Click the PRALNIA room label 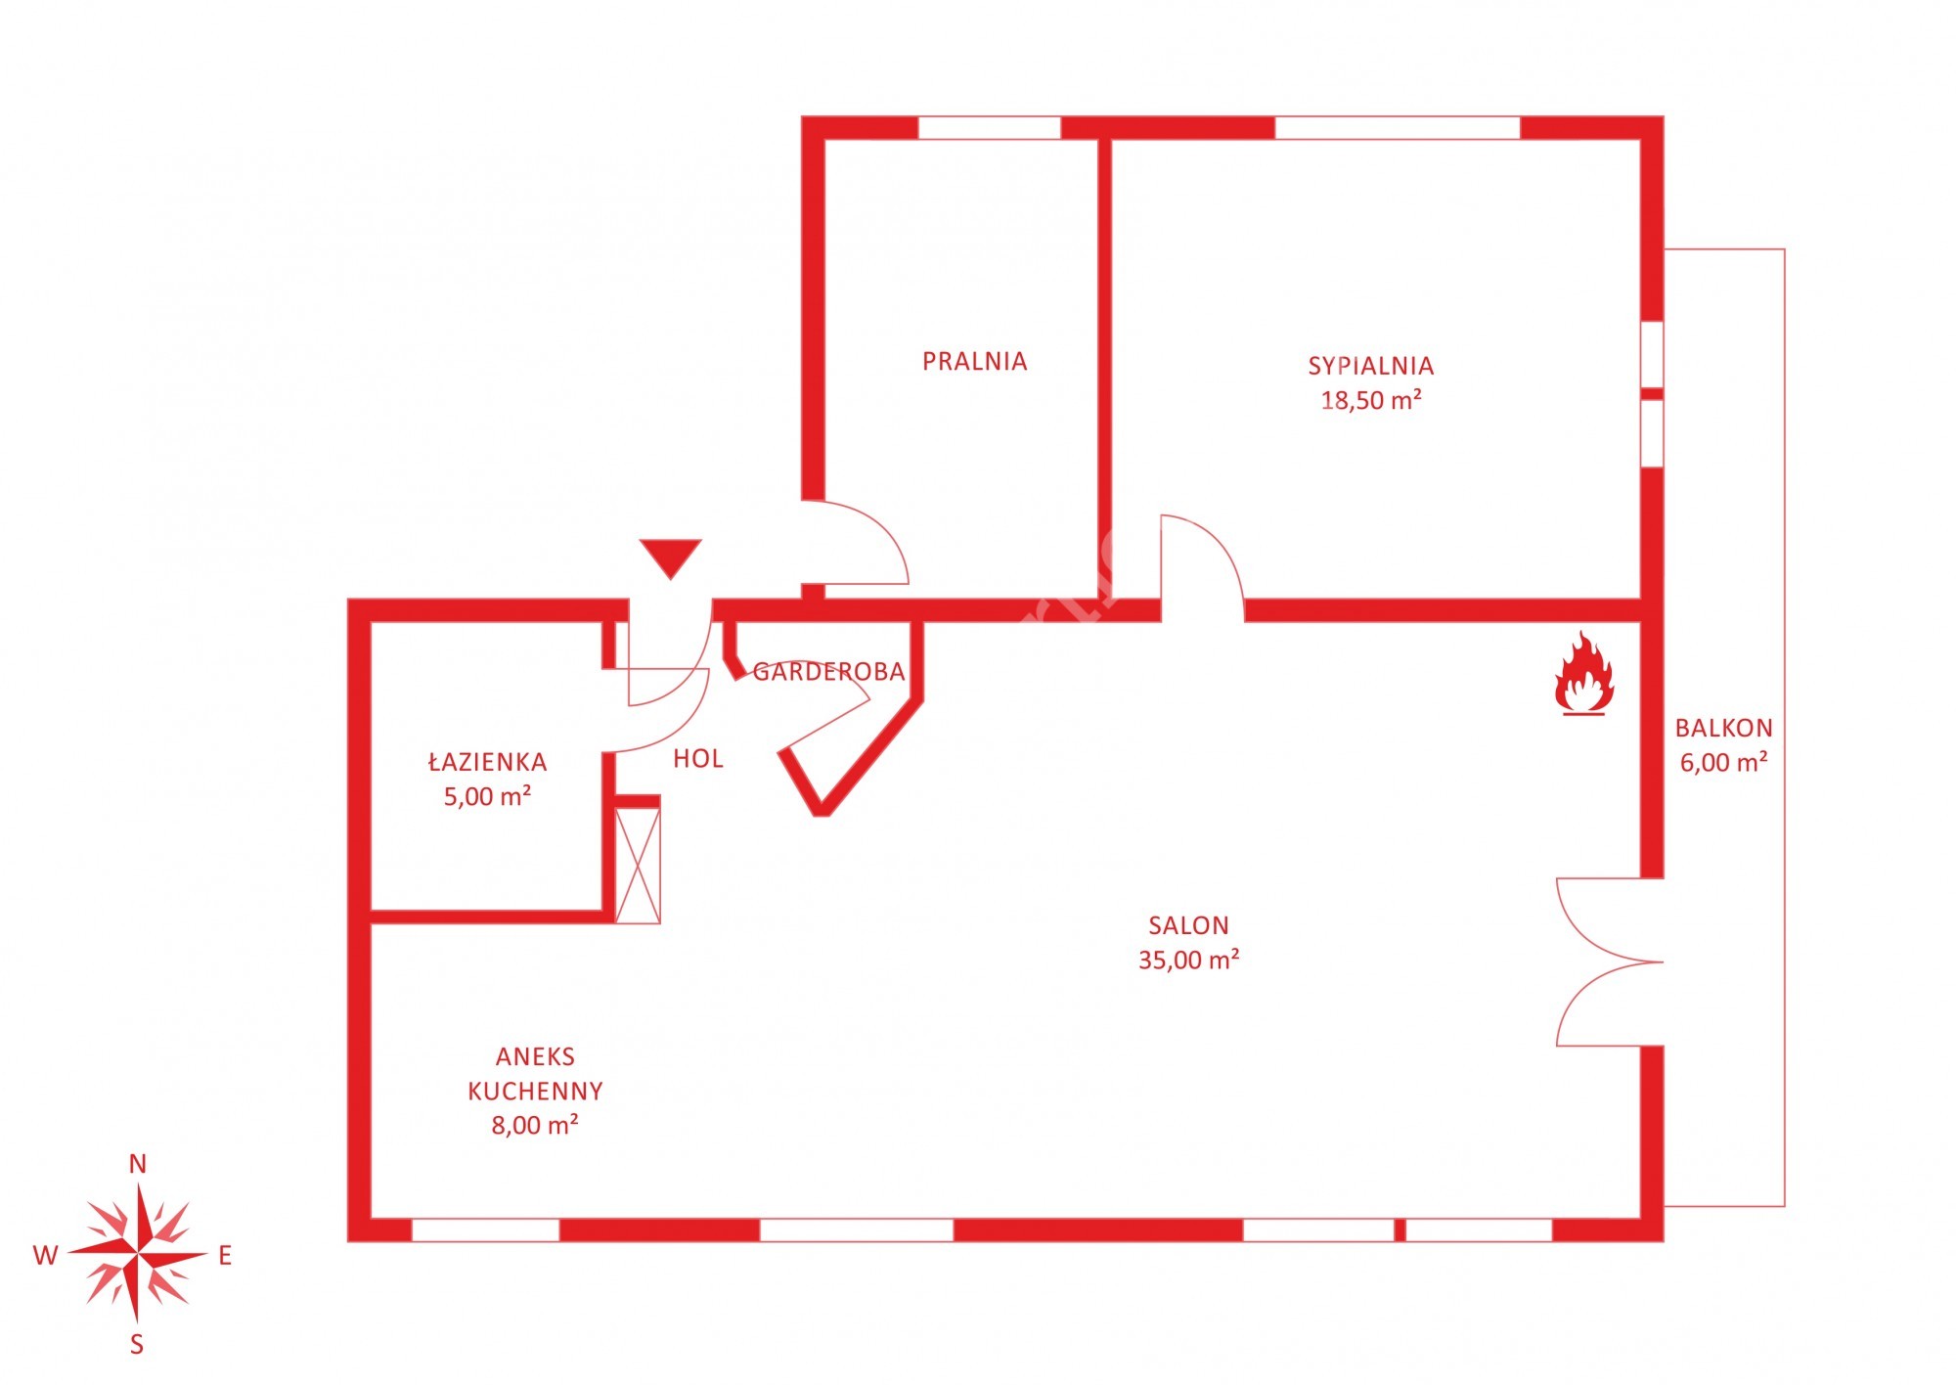(x=974, y=361)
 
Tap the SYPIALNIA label (x=1370, y=366)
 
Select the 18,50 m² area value (x=1370, y=399)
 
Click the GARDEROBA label (x=828, y=672)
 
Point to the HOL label (x=698, y=758)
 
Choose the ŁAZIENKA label (x=487, y=761)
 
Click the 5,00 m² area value (x=487, y=795)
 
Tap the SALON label (x=1188, y=925)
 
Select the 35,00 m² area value (x=1188, y=960)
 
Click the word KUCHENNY (x=535, y=1091)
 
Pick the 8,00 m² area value (x=535, y=1125)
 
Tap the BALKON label (x=1723, y=728)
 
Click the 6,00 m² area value (x=1723, y=762)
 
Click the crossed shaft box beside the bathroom (x=638, y=865)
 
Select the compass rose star (x=138, y=1254)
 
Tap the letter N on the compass (x=138, y=1164)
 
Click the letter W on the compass (x=46, y=1256)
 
